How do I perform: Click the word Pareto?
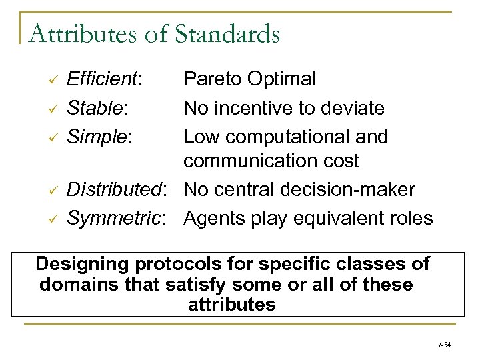click(214, 79)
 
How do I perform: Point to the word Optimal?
click(282, 79)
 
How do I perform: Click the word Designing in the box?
click(84, 264)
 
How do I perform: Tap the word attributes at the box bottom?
click(227, 305)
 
